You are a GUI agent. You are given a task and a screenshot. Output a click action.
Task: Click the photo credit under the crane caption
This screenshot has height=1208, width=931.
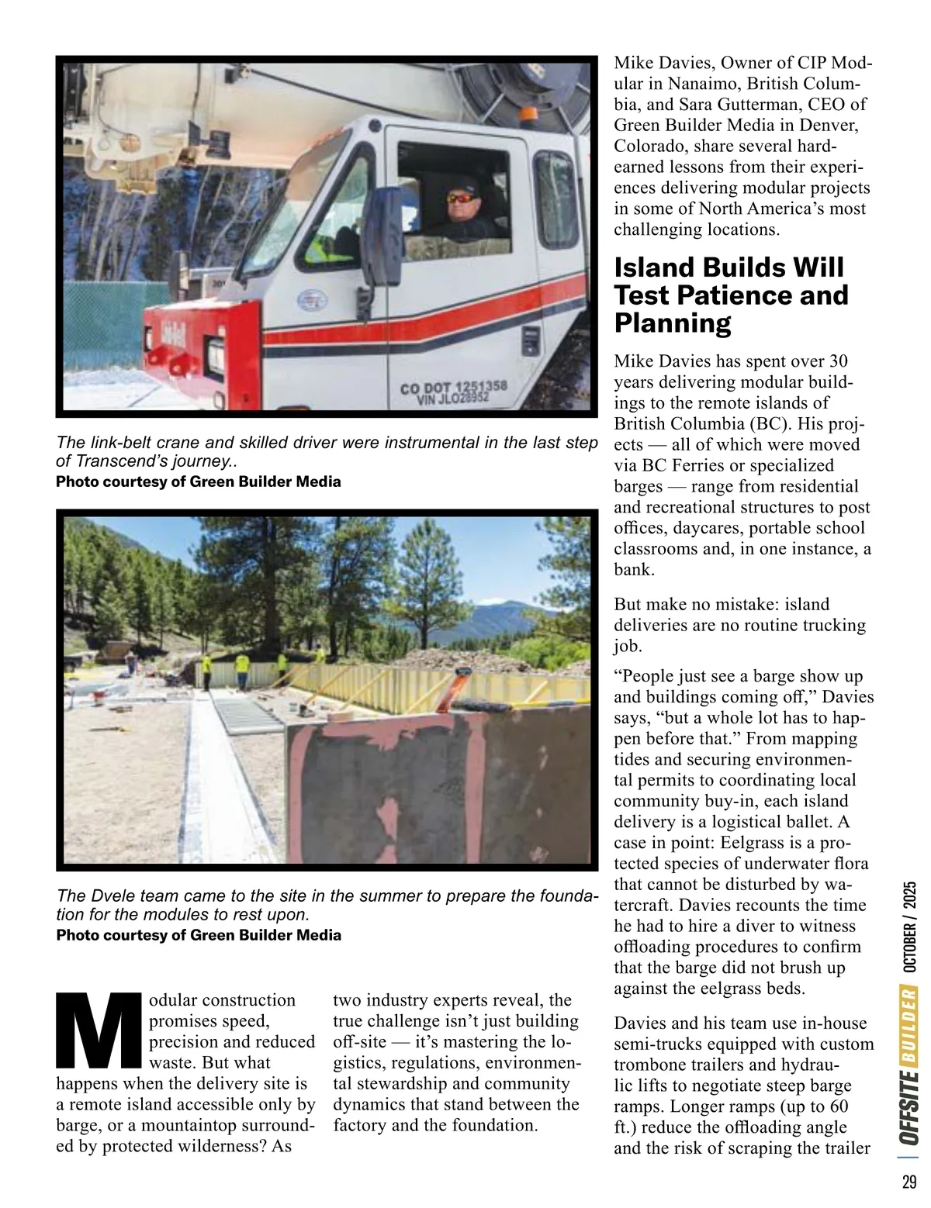tap(199, 481)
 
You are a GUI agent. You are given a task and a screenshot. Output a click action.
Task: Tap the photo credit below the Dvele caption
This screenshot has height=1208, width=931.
tap(199, 935)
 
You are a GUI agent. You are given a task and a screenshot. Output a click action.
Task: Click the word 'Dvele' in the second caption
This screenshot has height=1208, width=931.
tap(103, 896)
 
